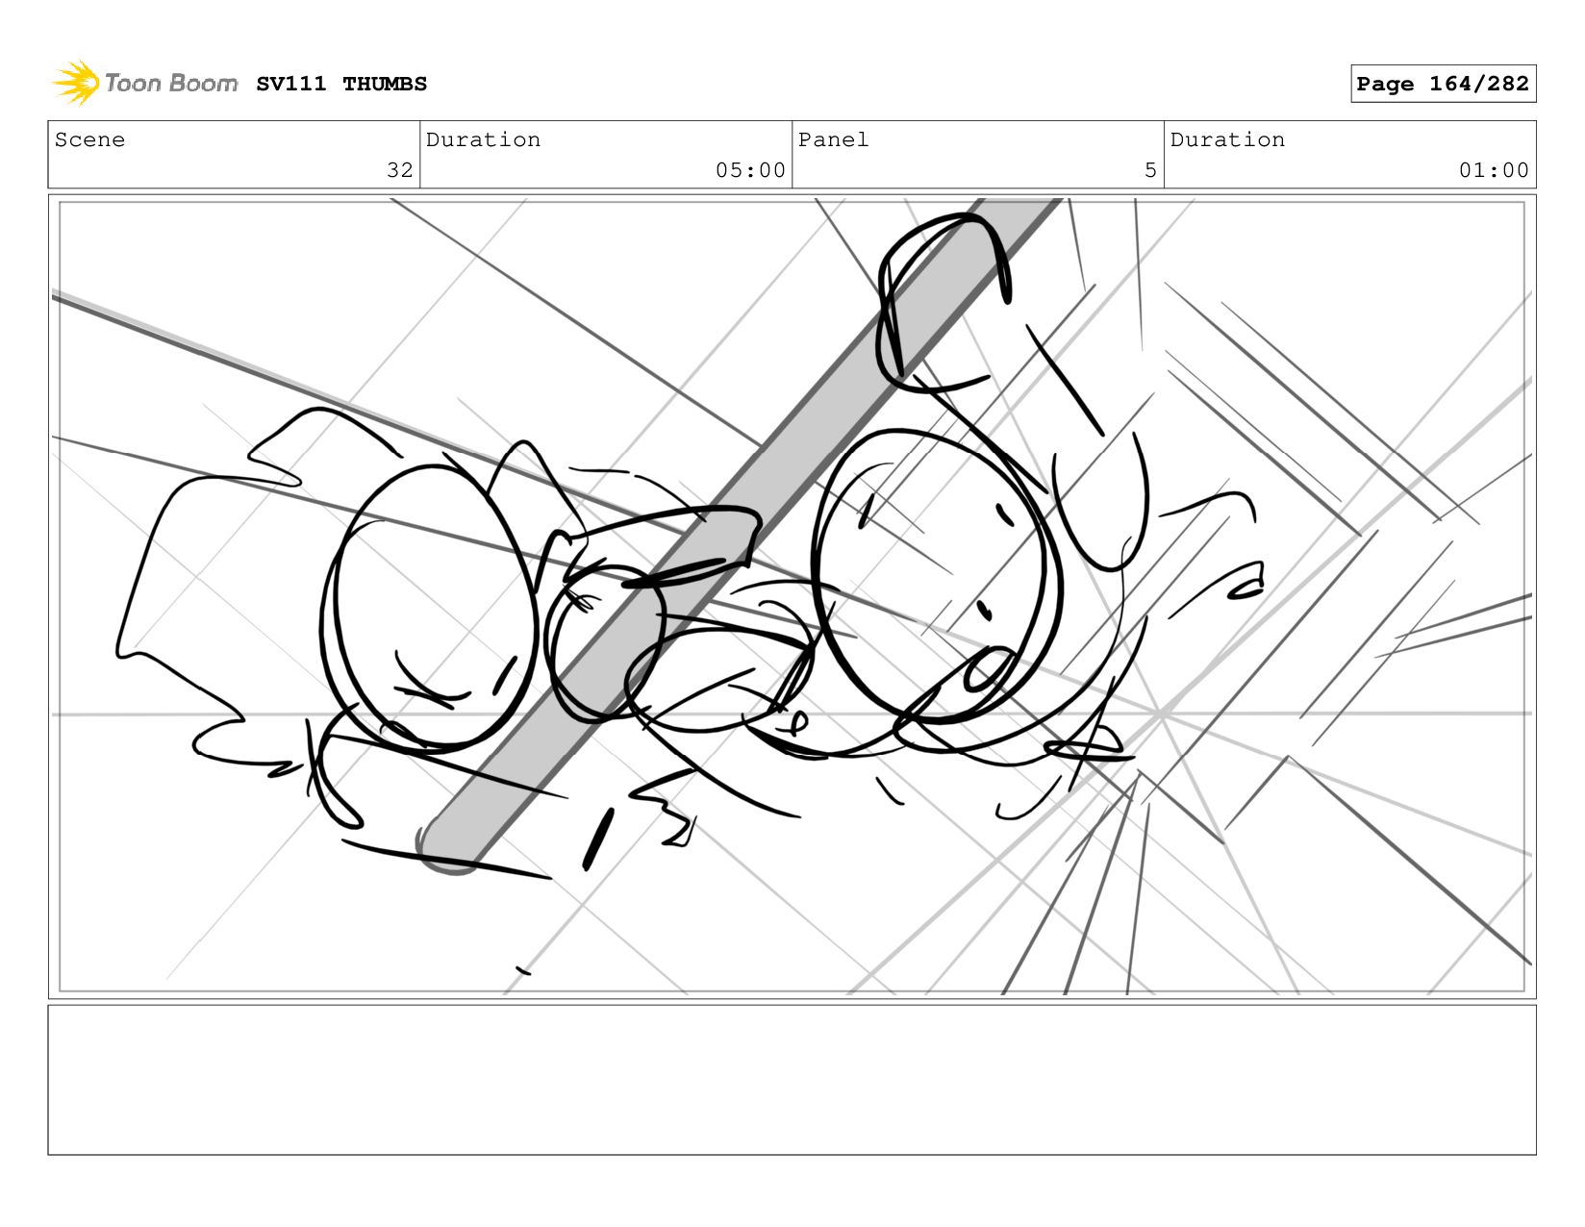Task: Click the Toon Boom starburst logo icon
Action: click(x=76, y=83)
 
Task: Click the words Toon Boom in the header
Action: click(x=170, y=83)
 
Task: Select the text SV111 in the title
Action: click(x=291, y=84)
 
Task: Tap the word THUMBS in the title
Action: click(x=385, y=84)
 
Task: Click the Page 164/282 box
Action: click(x=1443, y=84)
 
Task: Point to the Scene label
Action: click(x=89, y=139)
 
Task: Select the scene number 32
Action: click(x=400, y=170)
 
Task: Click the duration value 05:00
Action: click(x=750, y=170)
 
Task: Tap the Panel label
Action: click(x=833, y=139)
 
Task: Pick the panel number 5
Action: click(x=1150, y=170)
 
